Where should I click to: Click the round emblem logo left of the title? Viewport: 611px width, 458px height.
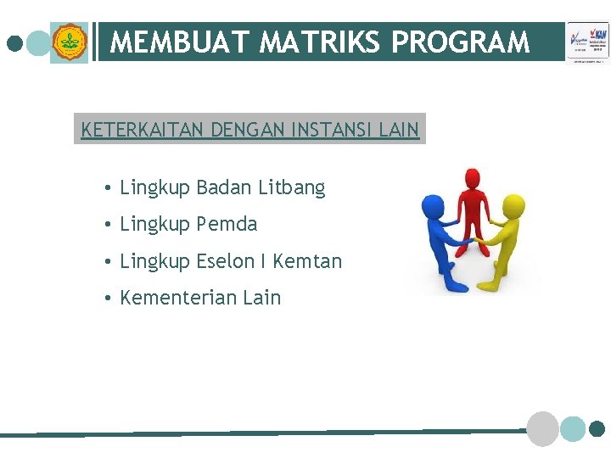[69, 42]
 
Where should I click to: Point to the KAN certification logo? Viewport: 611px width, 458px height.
[588, 42]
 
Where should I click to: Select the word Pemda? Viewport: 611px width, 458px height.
[227, 224]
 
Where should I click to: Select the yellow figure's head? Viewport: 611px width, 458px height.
[512, 204]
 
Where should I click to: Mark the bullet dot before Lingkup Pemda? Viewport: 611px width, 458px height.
[109, 225]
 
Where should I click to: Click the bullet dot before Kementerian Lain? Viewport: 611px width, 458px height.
[109, 299]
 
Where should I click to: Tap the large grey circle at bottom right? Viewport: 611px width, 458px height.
[543, 428]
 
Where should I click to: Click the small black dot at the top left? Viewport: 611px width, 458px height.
[14, 42]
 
